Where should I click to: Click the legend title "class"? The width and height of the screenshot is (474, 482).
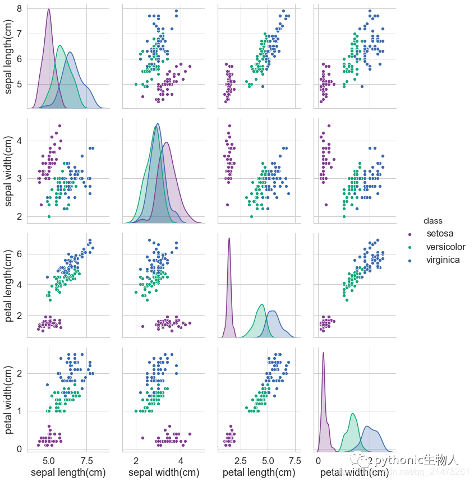click(433, 221)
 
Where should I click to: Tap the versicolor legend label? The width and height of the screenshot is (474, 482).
click(445, 247)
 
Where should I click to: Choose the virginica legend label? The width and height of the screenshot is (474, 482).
click(443, 260)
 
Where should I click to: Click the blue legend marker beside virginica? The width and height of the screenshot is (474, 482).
click(410, 261)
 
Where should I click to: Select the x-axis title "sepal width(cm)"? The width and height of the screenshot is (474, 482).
click(158, 473)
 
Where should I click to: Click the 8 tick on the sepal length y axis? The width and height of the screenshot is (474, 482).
click(19, 9)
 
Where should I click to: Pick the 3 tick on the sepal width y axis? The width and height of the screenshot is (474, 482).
click(19, 179)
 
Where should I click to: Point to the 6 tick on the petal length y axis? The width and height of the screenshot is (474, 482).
click(19, 254)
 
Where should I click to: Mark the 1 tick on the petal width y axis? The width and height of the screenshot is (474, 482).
click(19, 411)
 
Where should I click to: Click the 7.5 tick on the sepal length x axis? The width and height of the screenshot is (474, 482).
click(86, 461)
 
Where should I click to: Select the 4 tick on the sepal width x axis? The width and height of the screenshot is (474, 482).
click(181, 461)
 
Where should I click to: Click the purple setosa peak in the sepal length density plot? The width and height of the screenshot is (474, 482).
click(49, 10)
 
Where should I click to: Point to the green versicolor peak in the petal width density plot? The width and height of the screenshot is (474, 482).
click(352, 414)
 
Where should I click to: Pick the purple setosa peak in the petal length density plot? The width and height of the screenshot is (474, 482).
click(229, 238)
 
